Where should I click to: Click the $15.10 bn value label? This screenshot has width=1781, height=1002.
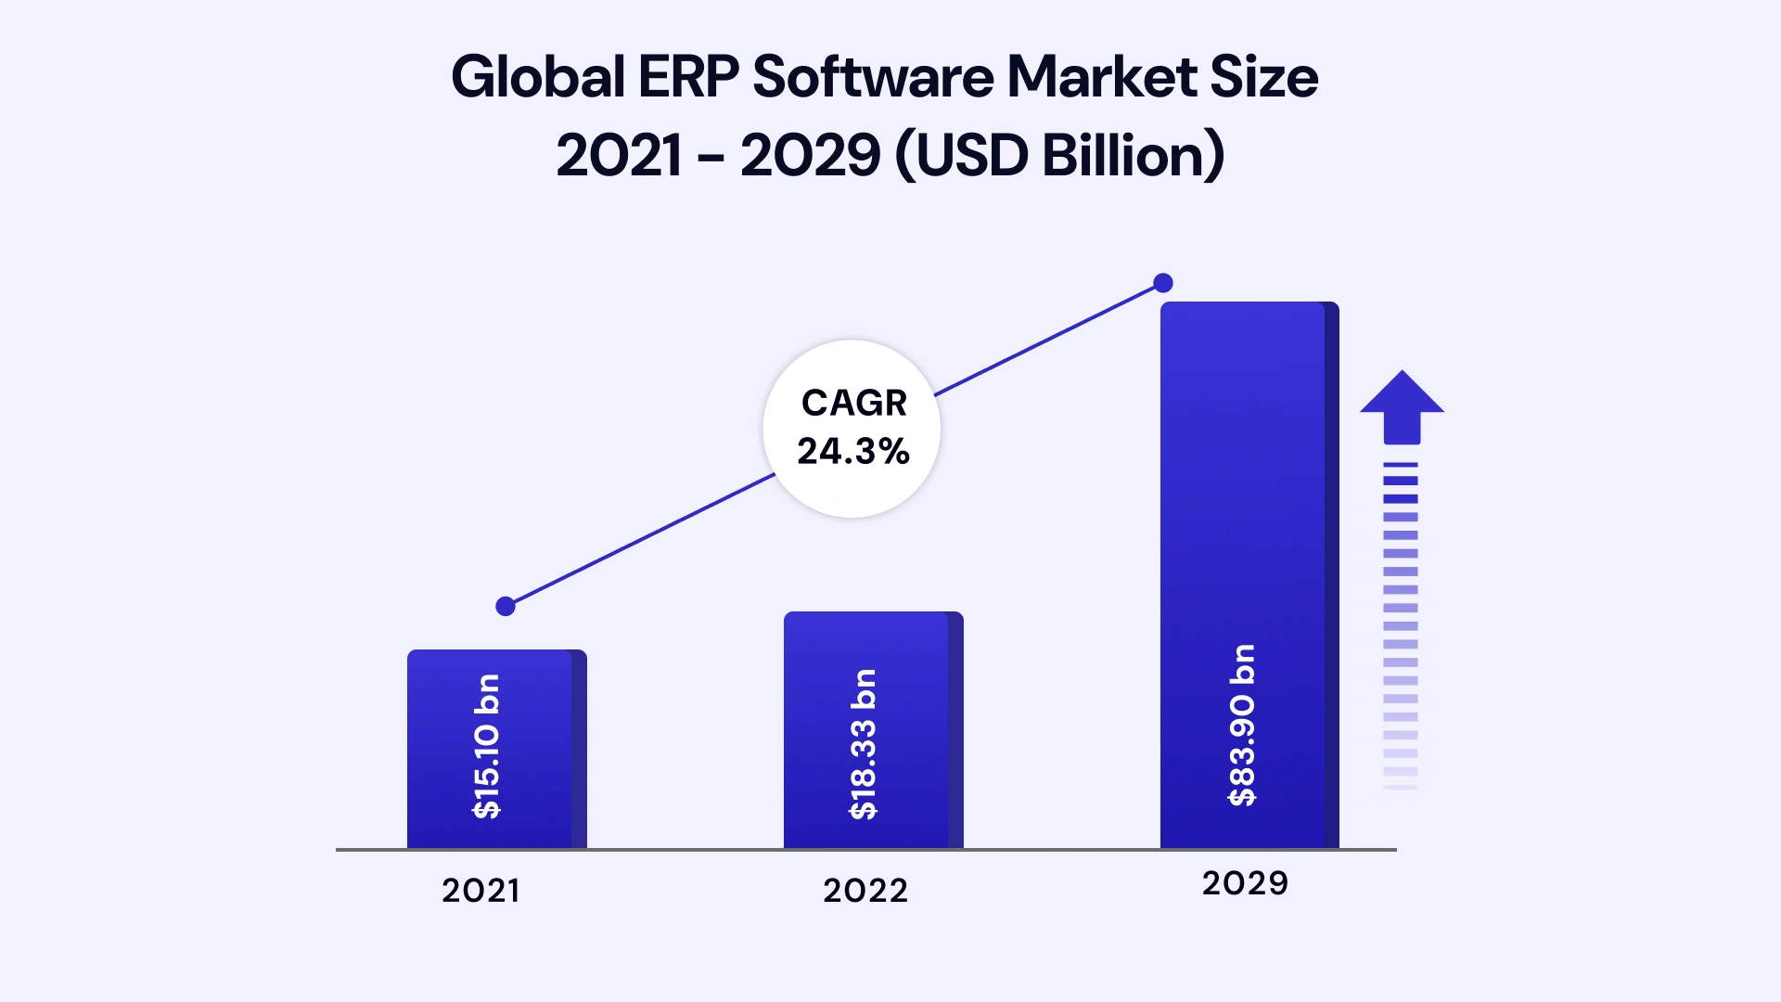pyautogui.click(x=487, y=747)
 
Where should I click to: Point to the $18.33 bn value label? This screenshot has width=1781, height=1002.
pyautogui.click(x=864, y=744)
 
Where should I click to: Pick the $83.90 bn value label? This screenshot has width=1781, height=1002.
pyautogui.click(x=1241, y=726)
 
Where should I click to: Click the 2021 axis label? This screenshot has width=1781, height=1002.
pyautogui.click(x=480, y=891)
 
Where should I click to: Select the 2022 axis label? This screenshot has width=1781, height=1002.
pyautogui.click(x=865, y=891)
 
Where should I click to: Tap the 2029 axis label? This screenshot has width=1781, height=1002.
pyautogui.click(x=1245, y=883)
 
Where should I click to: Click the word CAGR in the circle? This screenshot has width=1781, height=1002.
pyautogui.click(x=853, y=403)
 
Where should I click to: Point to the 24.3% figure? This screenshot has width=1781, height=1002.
pyautogui.click(x=853, y=452)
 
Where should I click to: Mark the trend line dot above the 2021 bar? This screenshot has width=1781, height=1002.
pyautogui.click(x=506, y=607)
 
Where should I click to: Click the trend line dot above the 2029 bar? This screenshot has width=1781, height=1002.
pyautogui.click(x=1163, y=283)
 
